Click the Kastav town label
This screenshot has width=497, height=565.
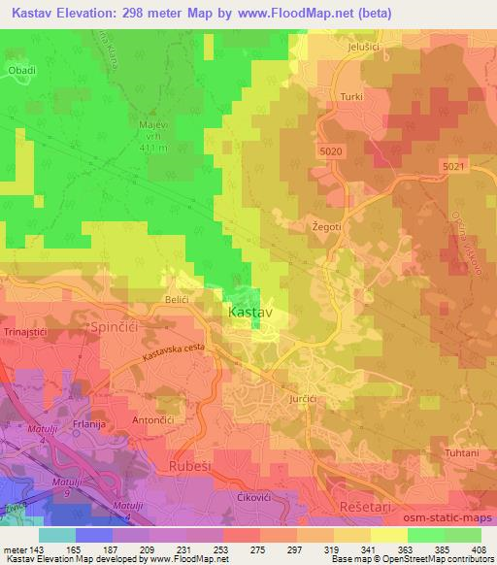coord(249,314)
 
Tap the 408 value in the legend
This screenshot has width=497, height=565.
coord(479,549)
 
